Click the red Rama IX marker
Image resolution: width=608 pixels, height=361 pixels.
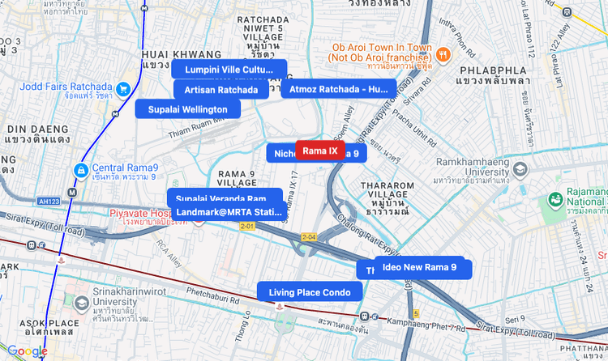(319, 151)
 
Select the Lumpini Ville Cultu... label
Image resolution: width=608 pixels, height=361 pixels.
(229, 70)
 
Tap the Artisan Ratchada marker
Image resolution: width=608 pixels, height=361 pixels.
(221, 90)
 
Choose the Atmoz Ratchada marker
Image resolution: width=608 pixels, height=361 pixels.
(338, 89)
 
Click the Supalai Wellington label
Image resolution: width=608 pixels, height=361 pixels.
(188, 109)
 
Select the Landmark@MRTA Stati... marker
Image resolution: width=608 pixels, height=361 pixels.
(228, 212)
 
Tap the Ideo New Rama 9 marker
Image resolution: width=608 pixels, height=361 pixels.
(419, 267)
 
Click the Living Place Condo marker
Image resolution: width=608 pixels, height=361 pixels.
(310, 292)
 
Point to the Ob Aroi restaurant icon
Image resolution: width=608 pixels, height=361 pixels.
(443, 54)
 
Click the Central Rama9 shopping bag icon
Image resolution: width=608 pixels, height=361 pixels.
(81, 171)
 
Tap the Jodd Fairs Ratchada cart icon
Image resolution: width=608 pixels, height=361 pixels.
(123, 88)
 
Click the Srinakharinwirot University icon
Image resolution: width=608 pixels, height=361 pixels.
(82, 304)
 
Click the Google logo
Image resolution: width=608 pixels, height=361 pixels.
(27, 351)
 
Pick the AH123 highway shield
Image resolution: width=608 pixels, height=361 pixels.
(49, 201)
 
